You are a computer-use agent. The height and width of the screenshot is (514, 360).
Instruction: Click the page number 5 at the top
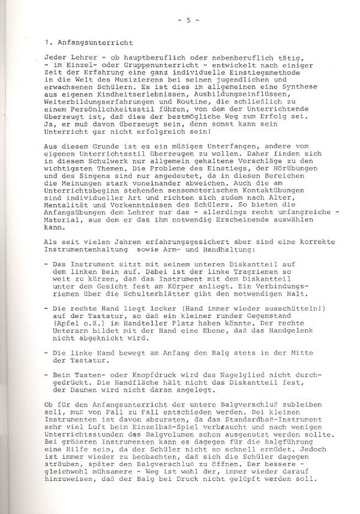[188, 21]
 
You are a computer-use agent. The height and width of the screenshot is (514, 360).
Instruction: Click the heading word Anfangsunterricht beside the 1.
[83, 44]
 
